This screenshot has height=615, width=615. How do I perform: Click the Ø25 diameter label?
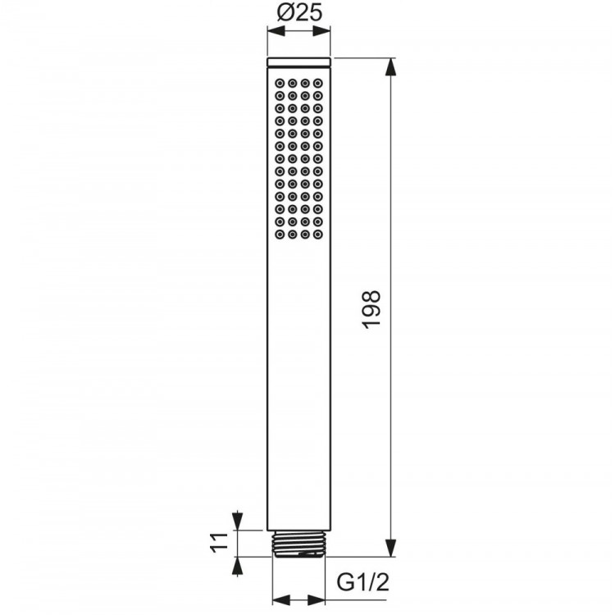point(299,14)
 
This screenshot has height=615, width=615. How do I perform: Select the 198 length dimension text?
point(372,308)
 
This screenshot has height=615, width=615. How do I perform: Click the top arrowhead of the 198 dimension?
point(391,65)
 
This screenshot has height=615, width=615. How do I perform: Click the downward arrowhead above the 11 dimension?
point(238,522)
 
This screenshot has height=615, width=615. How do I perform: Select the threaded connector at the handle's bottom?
point(298,543)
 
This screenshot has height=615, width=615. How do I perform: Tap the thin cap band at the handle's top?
point(299,61)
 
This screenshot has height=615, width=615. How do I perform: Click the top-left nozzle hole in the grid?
point(280,83)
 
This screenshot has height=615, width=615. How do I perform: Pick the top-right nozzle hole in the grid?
point(317,83)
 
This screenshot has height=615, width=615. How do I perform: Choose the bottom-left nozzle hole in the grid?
point(280,235)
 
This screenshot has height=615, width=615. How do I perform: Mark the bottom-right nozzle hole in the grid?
point(317,235)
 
